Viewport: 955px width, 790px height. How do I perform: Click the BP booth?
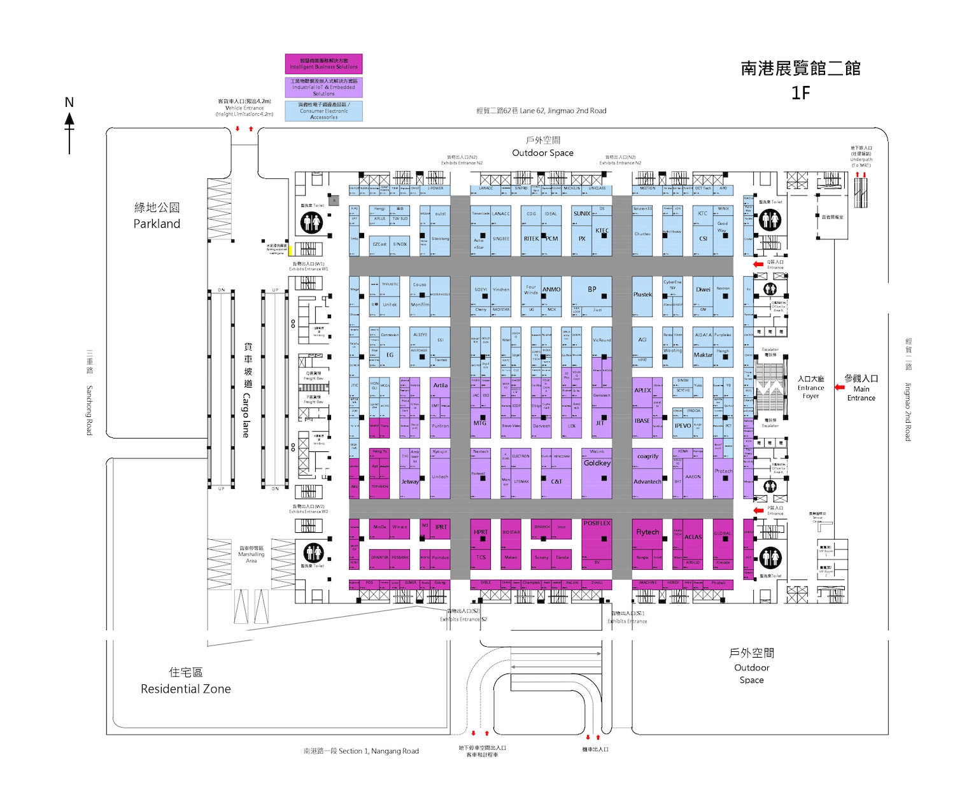(x=591, y=290)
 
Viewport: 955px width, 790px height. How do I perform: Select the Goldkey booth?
(x=597, y=463)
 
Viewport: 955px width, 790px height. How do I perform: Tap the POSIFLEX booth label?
(x=597, y=523)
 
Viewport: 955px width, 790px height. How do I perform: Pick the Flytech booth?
(x=647, y=532)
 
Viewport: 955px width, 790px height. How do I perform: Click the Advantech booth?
(x=647, y=482)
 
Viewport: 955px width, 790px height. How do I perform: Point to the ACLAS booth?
(x=693, y=537)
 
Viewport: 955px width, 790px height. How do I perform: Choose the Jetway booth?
(x=410, y=482)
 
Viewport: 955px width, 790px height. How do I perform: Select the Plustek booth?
(x=642, y=295)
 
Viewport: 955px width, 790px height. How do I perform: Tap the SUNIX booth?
(x=581, y=214)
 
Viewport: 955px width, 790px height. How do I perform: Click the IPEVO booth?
(x=683, y=426)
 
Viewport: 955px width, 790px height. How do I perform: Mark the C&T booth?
(x=556, y=482)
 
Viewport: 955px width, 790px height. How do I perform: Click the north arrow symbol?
(x=69, y=127)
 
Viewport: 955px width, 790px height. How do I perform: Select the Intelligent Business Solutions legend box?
(x=323, y=64)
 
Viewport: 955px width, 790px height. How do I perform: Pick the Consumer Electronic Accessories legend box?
(x=323, y=111)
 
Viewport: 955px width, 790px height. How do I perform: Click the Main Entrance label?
(x=861, y=388)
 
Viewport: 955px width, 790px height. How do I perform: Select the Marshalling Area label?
(x=251, y=554)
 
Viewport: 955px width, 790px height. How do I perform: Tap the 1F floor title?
(x=800, y=93)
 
